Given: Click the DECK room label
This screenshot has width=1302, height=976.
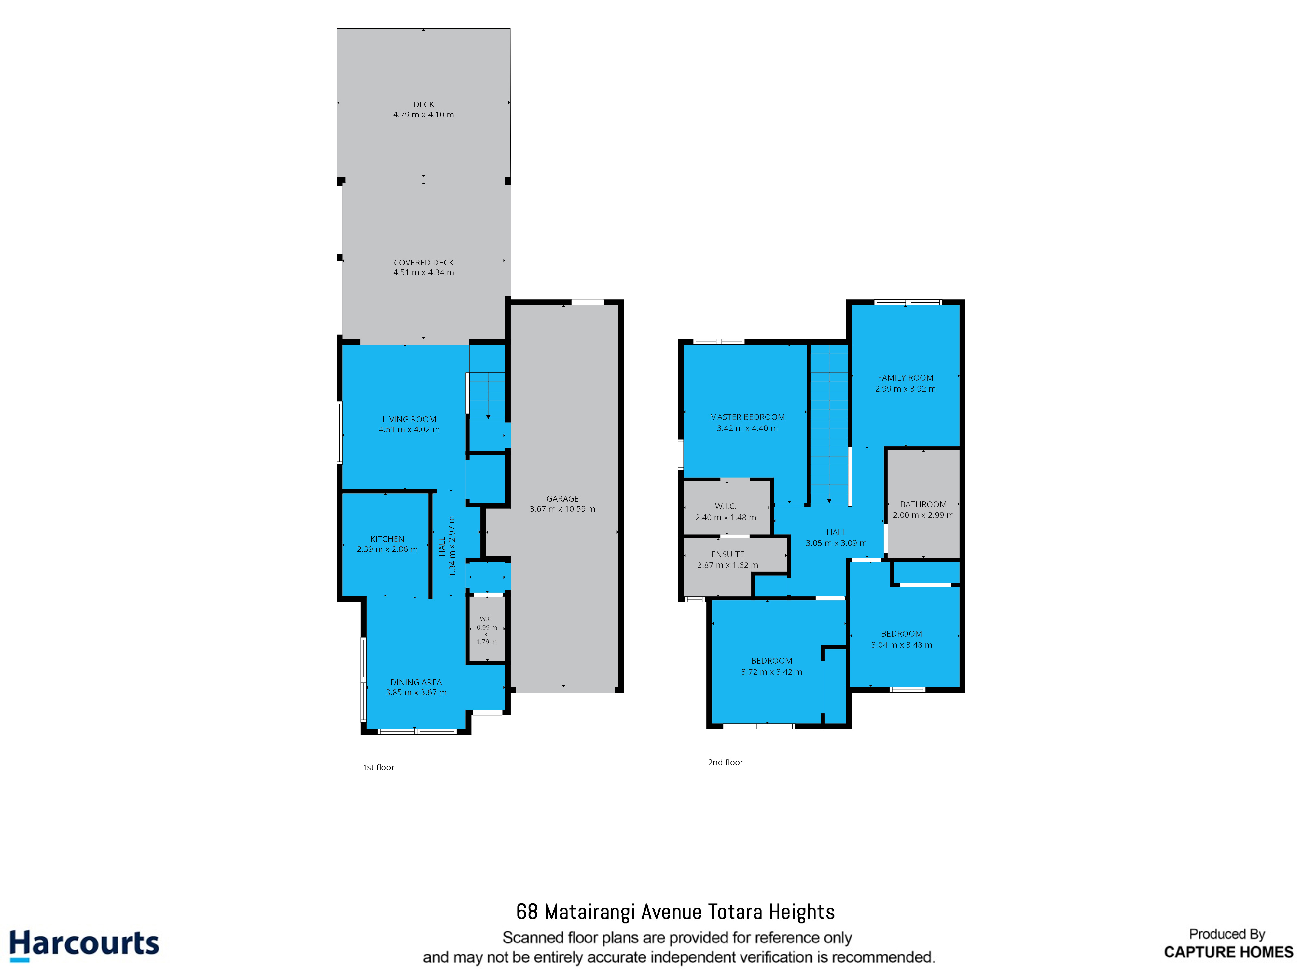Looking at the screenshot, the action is click(x=423, y=104).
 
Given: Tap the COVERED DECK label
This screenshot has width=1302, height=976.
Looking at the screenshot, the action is click(x=423, y=263).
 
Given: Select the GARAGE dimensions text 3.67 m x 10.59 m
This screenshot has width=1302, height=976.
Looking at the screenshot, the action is click(x=562, y=509).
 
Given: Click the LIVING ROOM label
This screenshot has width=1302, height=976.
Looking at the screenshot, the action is click(x=409, y=419).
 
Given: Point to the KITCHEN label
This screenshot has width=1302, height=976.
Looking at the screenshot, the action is click(x=387, y=539).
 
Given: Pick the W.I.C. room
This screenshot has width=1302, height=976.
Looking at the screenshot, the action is click(x=726, y=507).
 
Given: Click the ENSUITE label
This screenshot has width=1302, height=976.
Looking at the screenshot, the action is click(x=727, y=554).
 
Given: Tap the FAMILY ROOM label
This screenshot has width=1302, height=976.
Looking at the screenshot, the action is click(x=905, y=378).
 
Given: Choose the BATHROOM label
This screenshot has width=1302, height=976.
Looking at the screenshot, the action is click(x=923, y=504).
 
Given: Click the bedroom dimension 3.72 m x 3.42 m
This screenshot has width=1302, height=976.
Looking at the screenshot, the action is click(x=771, y=672).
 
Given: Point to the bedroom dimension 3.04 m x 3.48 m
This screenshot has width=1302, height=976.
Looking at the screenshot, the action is click(x=901, y=645).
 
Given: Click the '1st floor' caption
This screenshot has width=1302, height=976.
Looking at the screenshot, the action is click(x=378, y=767).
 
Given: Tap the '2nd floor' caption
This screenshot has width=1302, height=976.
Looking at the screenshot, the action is click(x=725, y=762).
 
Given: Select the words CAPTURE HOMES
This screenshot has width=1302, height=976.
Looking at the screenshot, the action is click(x=1228, y=952).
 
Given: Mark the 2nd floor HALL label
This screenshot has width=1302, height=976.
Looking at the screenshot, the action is click(x=836, y=532).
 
